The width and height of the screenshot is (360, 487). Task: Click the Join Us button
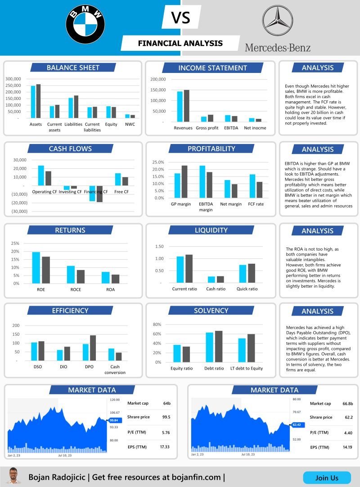point(327,478)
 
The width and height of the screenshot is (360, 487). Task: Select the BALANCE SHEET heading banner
point(73,68)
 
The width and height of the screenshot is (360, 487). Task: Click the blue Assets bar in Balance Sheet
point(33,102)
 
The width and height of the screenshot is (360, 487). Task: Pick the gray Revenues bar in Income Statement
point(186,106)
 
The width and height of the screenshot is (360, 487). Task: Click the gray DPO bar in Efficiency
point(93,348)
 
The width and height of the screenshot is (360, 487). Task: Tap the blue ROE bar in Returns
point(36,268)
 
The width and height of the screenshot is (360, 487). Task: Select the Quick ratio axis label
point(247,289)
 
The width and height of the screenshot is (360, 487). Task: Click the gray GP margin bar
point(184,182)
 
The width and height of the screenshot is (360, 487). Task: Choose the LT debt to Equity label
point(246,369)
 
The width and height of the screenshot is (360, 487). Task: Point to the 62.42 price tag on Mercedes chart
point(297,424)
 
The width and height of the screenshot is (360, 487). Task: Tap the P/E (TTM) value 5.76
point(165,433)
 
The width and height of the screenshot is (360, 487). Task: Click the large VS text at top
point(181,18)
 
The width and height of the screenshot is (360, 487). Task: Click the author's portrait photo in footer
point(14,476)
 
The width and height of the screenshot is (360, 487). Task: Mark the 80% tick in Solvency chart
point(157,325)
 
